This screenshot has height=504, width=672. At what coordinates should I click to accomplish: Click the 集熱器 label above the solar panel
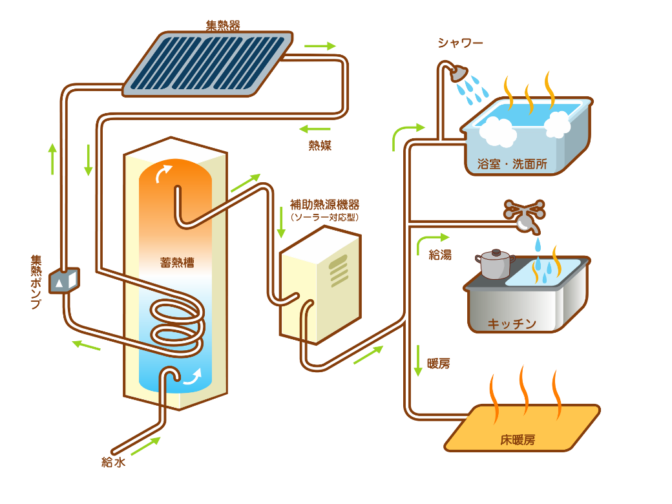tap(223, 26)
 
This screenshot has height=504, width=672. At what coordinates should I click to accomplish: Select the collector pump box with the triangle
tap(63, 280)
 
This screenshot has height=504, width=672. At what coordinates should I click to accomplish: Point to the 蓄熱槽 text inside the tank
tap(177, 263)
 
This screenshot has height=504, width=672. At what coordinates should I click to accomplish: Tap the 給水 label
tap(113, 462)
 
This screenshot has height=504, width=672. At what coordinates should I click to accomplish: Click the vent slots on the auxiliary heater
tap(341, 271)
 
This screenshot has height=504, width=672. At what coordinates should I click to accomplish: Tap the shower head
tap(459, 72)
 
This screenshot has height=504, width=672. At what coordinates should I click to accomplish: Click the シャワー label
tap(460, 43)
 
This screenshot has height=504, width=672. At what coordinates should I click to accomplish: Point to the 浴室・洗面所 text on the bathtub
tap(512, 164)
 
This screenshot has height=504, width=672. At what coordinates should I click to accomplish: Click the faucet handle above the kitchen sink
tap(524, 210)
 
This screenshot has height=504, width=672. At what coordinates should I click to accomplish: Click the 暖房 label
tap(439, 363)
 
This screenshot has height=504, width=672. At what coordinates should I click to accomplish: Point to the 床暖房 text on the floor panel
tap(518, 440)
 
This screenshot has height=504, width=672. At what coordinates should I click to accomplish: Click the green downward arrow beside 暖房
tap(419, 361)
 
